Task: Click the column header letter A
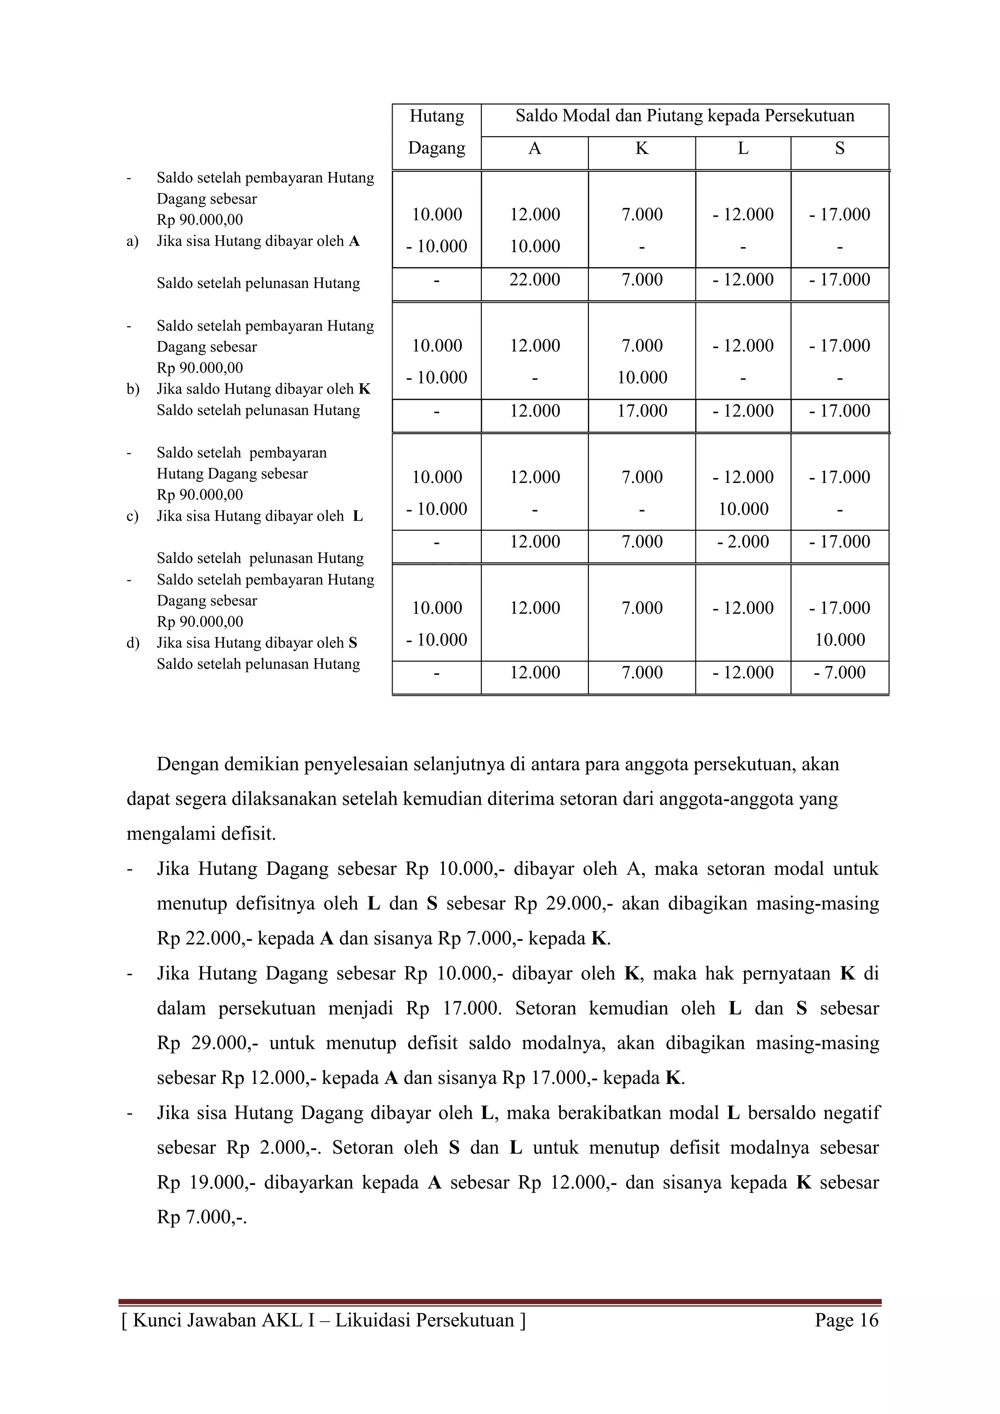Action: (535, 148)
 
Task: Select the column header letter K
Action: (642, 148)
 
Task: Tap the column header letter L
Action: (743, 148)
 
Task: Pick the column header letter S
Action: (839, 148)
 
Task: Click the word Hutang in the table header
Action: (437, 116)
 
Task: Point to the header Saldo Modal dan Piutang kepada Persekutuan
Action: (685, 116)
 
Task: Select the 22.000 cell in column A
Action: (535, 280)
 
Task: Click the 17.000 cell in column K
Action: (642, 411)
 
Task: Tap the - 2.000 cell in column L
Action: (743, 542)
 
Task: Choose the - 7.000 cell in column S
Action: (839, 672)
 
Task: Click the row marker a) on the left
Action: (132, 241)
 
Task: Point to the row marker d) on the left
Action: (132, 643)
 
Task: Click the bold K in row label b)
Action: (365, 389)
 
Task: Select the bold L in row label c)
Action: (358, 516)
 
